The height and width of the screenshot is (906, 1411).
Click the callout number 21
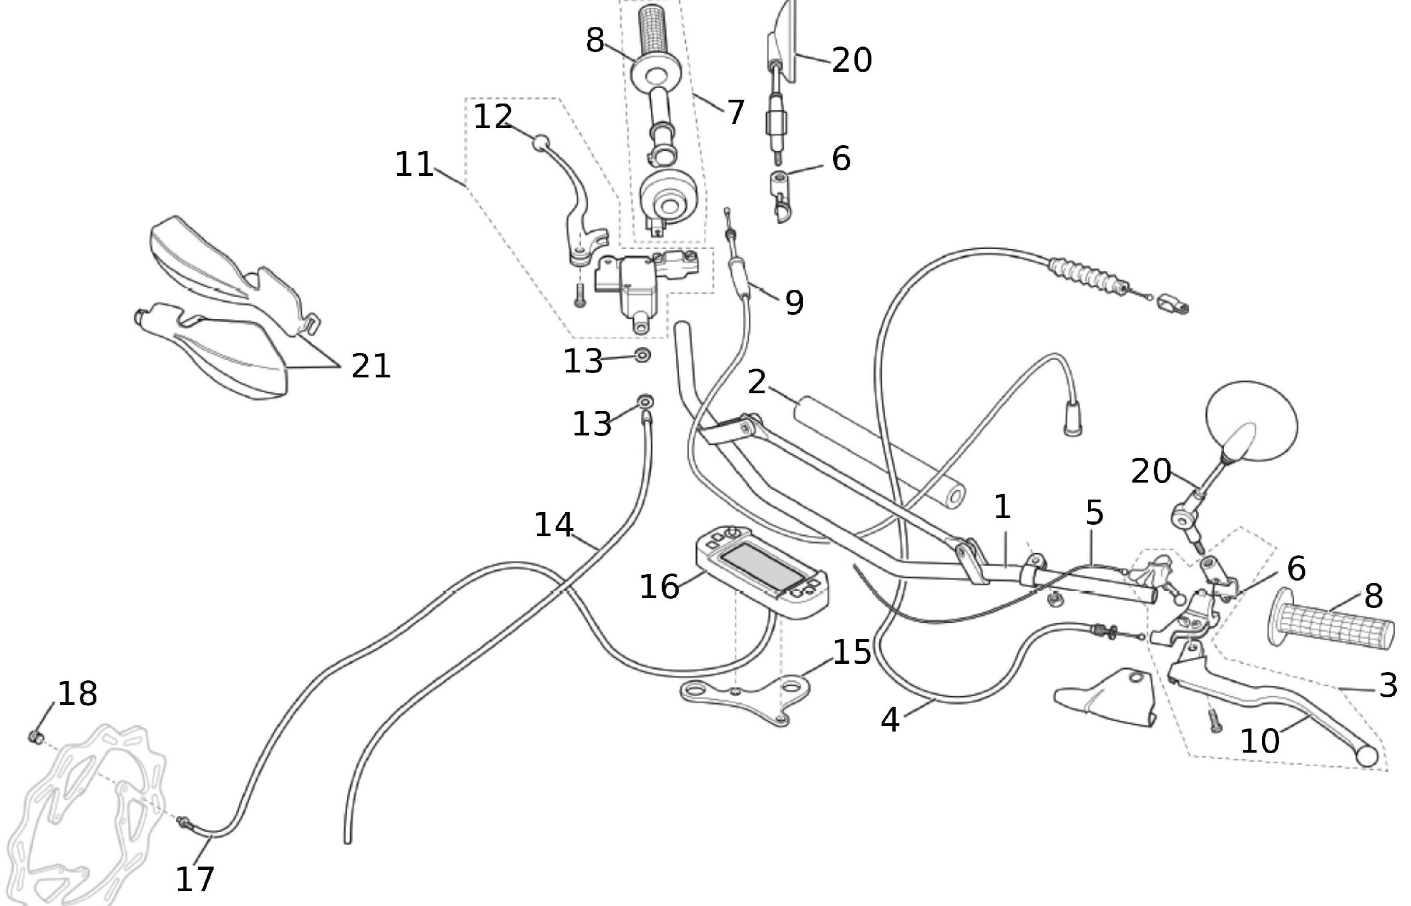point(371,366)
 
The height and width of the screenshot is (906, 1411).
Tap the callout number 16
point(659,587)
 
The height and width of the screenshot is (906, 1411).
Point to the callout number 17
point(194,879)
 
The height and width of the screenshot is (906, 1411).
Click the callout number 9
point(794,302)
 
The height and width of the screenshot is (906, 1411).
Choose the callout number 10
point(1260,741)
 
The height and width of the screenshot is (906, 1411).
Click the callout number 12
point(493,117)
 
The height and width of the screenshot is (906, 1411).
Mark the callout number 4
point(891,720)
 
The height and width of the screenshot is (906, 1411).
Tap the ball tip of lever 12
point(541,142)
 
